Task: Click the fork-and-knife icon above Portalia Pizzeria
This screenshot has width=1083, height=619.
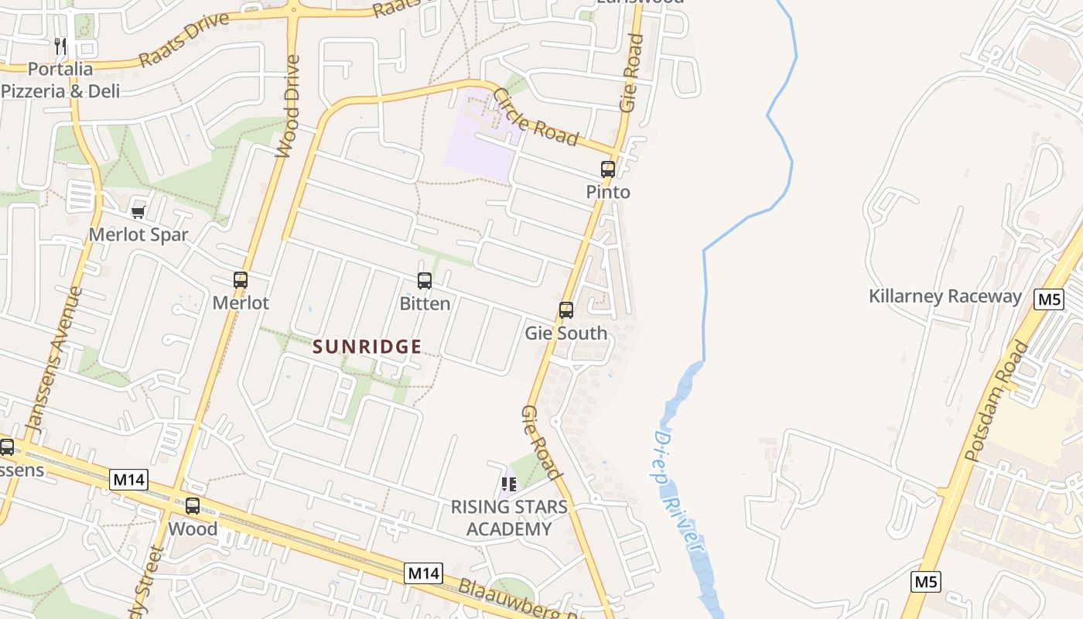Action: (x=61, y=46)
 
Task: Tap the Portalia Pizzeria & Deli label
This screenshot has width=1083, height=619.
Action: (x=60, y=80)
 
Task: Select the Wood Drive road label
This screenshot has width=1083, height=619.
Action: (x=289, y=106)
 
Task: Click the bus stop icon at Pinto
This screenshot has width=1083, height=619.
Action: (x=608, y=169)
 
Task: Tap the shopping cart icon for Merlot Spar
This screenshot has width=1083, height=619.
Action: (x=138, y=212)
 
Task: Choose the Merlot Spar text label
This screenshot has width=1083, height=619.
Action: (x=138, y=234)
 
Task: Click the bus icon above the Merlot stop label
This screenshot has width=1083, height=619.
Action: (x=241, y=280)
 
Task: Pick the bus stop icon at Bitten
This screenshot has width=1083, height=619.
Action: (x=425, y=281)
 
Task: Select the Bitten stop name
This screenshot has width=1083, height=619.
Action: (x=425, y=303)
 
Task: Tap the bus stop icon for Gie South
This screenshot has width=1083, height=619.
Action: (x=566, y=310)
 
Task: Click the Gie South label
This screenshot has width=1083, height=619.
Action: (x=566, y=333)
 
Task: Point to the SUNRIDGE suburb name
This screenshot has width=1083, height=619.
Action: (x=367, y=347)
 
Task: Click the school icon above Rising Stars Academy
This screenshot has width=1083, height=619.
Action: (x=509, y=484)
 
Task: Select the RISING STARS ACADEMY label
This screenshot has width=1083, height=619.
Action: (x=509, y=518)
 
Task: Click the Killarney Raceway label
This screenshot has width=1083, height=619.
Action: (x=945, y=296)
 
